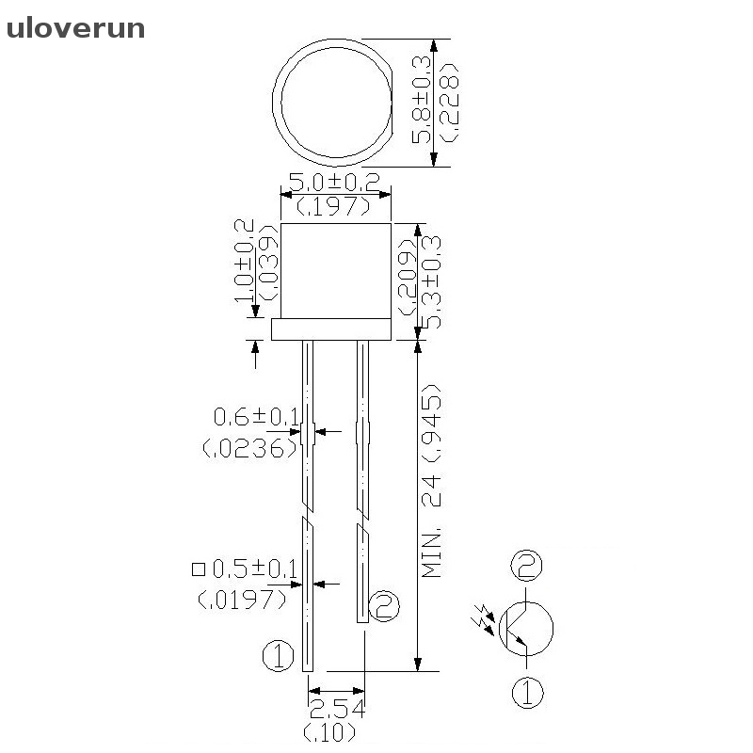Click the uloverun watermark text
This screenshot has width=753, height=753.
click(75, 28)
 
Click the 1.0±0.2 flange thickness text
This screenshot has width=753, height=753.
click(244, 261)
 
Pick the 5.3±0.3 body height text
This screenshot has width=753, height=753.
click(434, 281)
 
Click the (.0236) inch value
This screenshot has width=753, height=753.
click(250, 448)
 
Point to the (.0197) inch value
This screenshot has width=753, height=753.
click(243, 599)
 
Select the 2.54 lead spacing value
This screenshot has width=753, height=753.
click(336, 708)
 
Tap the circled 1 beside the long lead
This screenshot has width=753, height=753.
click(278, 656)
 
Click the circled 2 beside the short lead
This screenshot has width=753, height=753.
click(384, 606)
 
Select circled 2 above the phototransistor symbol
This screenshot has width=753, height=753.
click(526, 567)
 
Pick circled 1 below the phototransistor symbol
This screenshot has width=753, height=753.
click(527, 693)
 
